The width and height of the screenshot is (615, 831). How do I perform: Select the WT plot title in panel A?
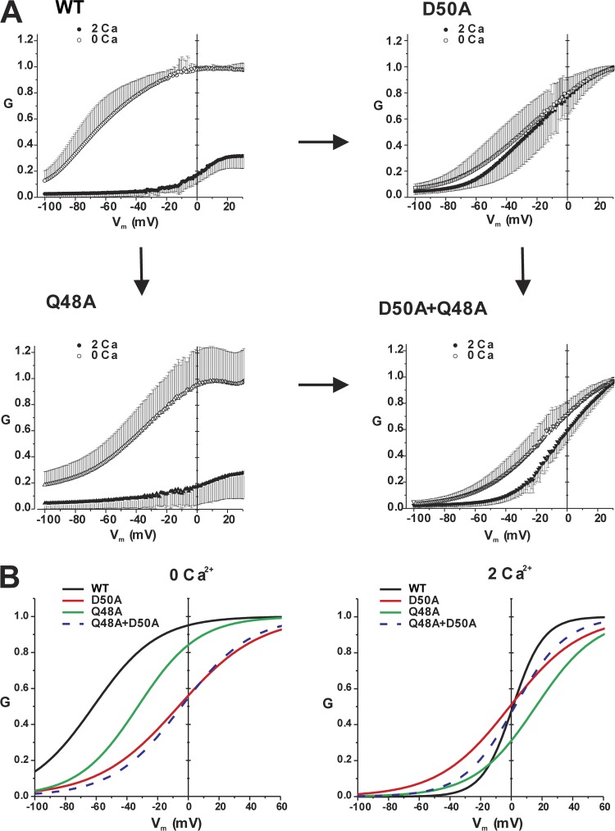click(71, 9)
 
